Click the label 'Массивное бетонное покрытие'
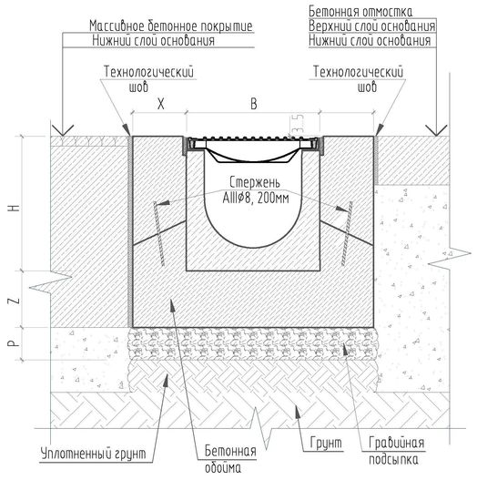pyautogui.click(x=171, y=26)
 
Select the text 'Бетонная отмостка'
pyautogui.click(x=360, y=12)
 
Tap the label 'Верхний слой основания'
pyautogui.click(x=371, y=26)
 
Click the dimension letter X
pyautogui.click(x=160, y=104)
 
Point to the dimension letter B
pyautogui.click(x=254, y=104)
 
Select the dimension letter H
pyautogui.click(x=15, y=208)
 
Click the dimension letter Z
pyautogui.click(x=15, y=300)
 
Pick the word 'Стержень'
pyautogui.click(x=255, y=182)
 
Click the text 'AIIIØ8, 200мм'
pyautogui.click(x=256, y=199)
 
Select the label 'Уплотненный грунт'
pyautogui.click(x=94, y=454)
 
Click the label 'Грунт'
pyautogui.click(x=326, y=443)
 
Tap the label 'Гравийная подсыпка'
pyautogui.click(x=396, y=451)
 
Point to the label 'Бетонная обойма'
pyautogui.click(x=230, y=459)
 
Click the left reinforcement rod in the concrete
pyautogui.click(x=159, y=233)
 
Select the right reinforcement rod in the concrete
pyautogui.click(x=347, y=233)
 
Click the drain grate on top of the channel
pyautogui.click(x=253, y=138)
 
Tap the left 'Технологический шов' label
pyautogui.click(x=148, y=79)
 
